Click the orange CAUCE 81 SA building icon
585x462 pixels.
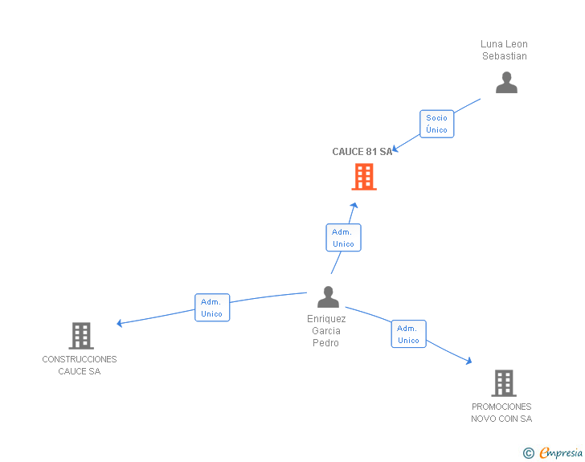364,177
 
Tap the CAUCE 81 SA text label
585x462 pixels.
362,152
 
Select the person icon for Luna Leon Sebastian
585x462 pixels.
506,82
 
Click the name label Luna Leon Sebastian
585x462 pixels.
505,50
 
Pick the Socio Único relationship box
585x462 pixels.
437,124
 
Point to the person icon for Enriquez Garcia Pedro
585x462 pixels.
328,296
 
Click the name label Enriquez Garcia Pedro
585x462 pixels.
325,331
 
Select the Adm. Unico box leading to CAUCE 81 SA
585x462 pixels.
343,238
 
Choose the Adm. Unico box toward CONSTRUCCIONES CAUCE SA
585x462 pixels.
212,308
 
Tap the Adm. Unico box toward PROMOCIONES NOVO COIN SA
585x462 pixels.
408,334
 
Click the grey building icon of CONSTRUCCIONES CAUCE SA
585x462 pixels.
81,335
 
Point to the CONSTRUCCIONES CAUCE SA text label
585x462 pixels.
80,366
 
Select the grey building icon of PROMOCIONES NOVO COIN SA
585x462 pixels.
504,382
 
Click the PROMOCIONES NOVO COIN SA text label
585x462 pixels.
501,413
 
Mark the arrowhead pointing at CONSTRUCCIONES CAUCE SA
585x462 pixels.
120,324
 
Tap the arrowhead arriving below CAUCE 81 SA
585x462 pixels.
354,206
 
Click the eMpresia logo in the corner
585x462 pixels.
561,453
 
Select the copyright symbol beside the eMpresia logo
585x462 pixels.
529,453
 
